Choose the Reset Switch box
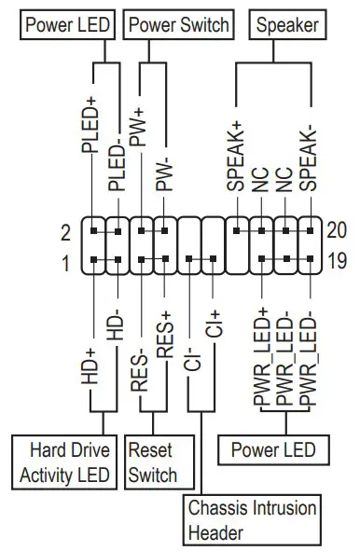pos(152,462)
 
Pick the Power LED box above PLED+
pos(69,24)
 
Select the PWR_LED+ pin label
pos(260,355)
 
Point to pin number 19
pos(337,264)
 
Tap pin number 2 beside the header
pos(65,229)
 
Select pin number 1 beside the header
pos(65,265)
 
